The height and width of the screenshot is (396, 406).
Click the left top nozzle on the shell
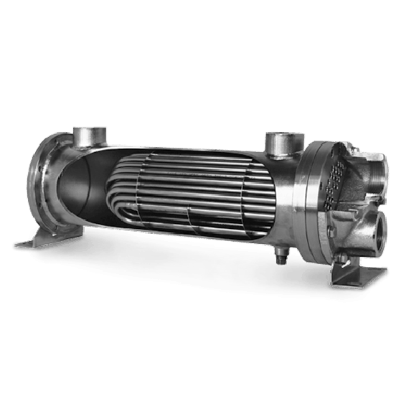(x=90, y=137)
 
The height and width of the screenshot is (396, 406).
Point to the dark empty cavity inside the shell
(x=79, y=187)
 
